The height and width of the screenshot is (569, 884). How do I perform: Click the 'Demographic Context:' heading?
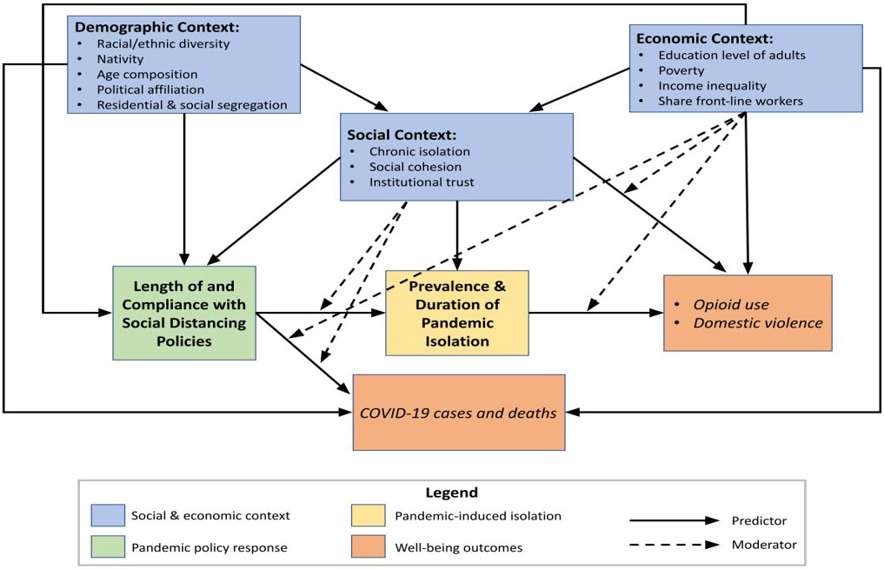(157, 27)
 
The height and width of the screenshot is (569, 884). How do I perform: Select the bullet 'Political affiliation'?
(150, 89)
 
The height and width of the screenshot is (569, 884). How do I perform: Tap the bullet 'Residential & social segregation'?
(191, 104)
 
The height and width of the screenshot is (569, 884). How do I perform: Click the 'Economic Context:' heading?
(704, 38)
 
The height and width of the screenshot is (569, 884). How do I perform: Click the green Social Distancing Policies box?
(184, 313)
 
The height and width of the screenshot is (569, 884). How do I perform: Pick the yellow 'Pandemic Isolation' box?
(457, 313)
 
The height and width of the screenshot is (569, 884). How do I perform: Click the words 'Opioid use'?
(730, 305)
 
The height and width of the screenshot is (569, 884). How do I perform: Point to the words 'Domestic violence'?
(757, 322)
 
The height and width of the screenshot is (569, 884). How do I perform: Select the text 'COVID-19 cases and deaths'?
(458, 413)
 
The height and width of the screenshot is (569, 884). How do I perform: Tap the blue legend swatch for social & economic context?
(107, 515)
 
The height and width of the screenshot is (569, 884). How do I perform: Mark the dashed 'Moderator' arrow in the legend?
(675, 546)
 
